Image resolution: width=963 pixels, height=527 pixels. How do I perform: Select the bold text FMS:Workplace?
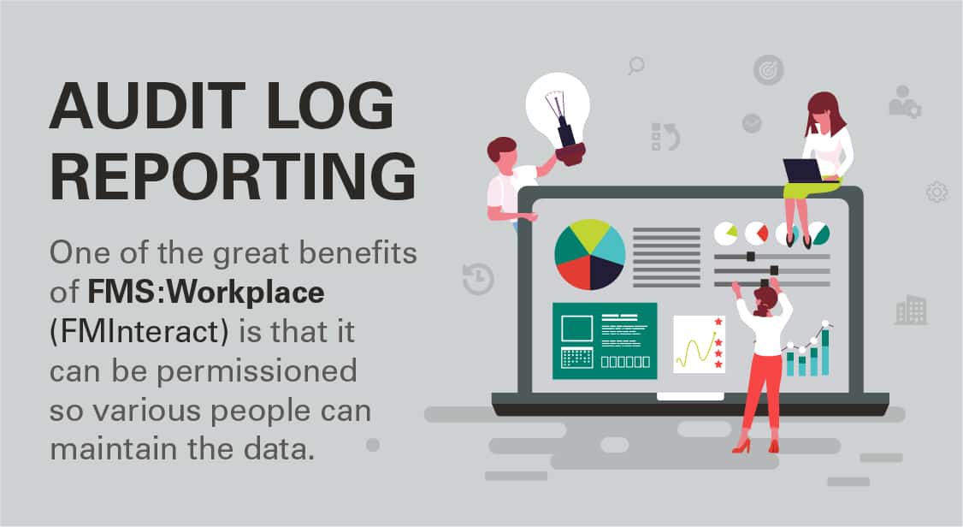point(206,293)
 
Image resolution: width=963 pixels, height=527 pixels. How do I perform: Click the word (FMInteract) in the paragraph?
point(139,332)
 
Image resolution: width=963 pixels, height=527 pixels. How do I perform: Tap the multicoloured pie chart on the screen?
point(589,254)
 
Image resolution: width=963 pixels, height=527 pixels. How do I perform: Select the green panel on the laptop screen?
point(605,340)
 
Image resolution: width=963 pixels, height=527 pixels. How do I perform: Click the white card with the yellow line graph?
point(700,344)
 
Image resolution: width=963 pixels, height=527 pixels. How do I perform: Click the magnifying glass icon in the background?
point(635,66)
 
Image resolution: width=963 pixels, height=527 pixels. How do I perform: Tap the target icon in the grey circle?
point(768,70)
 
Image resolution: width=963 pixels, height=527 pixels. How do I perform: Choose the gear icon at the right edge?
point(936,192)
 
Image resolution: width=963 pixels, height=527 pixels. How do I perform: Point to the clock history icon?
point(478,279)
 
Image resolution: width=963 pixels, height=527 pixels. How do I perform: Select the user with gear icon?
point(905,102)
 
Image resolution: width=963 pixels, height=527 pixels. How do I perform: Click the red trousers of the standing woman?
point(760,393)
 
